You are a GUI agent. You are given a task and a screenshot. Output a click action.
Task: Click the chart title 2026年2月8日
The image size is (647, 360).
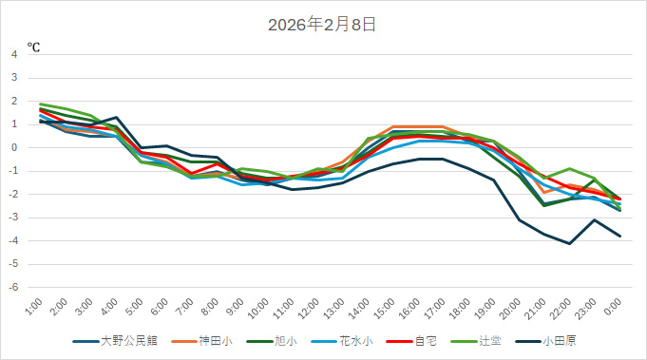coord(323,25)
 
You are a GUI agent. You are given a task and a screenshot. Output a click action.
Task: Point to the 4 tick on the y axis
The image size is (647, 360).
coord(13,54)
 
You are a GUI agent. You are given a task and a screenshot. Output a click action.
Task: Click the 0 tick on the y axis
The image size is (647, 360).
coord(13,147)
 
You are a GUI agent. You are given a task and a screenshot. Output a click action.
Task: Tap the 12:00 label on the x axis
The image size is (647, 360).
coord(307,308)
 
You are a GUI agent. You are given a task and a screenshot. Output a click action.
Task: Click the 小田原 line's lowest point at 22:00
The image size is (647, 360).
coord(570,244)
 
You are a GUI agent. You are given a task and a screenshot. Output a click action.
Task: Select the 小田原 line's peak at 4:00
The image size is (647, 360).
coord(116,117)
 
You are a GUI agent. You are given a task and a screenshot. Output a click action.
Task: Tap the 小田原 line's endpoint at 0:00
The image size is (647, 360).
coord(620,237)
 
